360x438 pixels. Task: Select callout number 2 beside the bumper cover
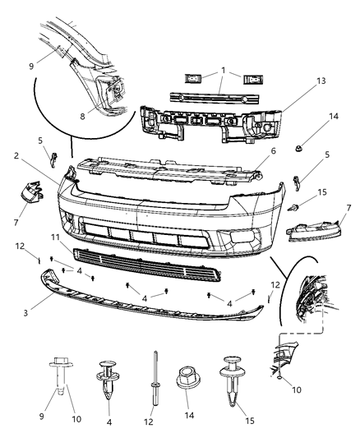[x=39, y=154]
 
